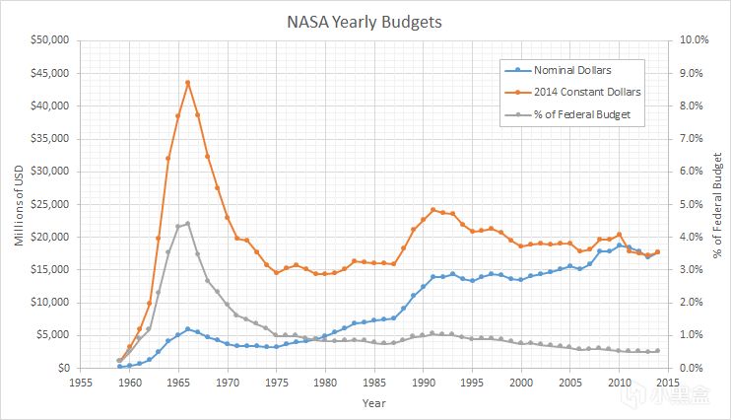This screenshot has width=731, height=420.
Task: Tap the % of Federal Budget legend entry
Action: pyautogui.click(x=579, y=113)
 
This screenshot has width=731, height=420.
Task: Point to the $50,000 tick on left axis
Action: pyautogui.click(x=49, y=40)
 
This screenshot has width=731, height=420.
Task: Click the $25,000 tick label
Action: pyautogui.click(x=49, y=204)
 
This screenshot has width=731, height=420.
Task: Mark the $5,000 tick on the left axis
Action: pyautogui.click(x=52, y=335)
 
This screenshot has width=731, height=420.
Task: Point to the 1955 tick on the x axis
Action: pyautogui.click(x=81, y=383)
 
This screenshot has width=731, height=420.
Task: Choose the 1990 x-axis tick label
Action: pyautogui.click(x=424, y=383)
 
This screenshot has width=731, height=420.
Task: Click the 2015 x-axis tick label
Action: pyautogui.click(x=668, y=383)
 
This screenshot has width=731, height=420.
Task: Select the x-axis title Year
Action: pyautogui.click(x=373, y=403)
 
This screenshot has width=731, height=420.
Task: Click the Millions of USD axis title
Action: pyautogui.click(x=18, y=204)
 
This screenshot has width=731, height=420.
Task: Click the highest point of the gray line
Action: pyautogui.click(x=187, y=224)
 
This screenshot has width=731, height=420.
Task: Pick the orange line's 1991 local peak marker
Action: pyautogui.click(x=432, y=210)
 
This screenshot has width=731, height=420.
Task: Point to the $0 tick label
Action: pyautogui.click(x=61, y=368)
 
